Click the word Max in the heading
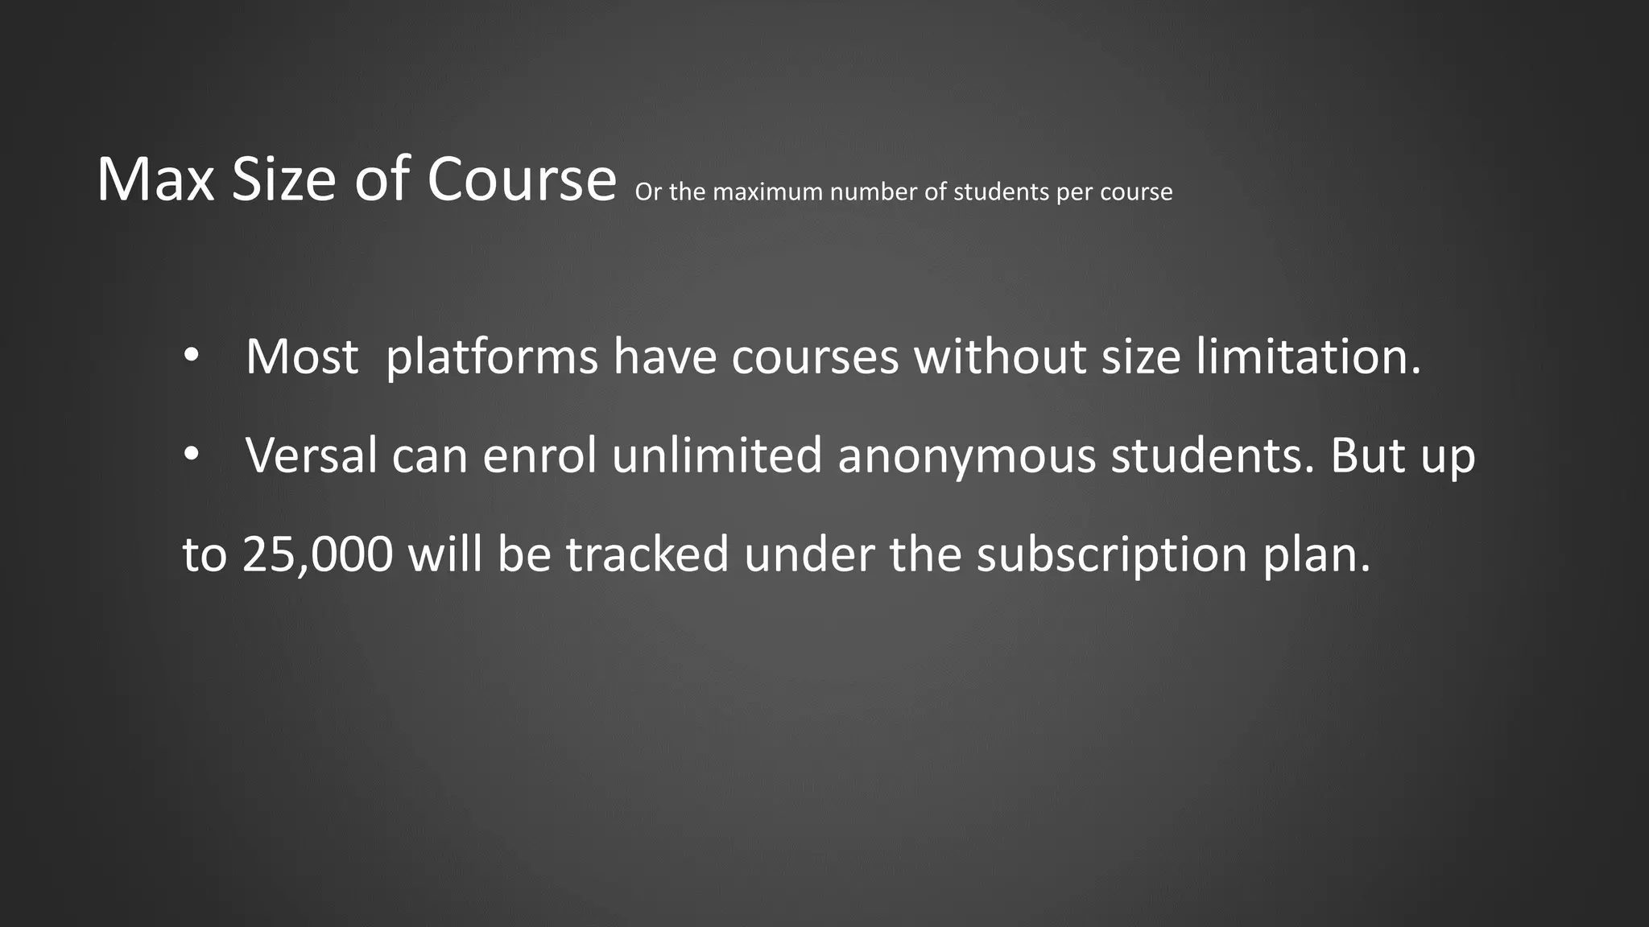point(155,179)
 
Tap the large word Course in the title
point(522,179)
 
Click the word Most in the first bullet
point(302,356)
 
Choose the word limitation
point(1308,356)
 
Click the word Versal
point(312,455)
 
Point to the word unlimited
point(717,455)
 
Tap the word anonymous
point(966,455)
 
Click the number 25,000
point(317,554)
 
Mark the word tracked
point(647,554)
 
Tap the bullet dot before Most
point(190,356)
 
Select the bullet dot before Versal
point(190,455)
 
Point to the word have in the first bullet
point(664,356)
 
